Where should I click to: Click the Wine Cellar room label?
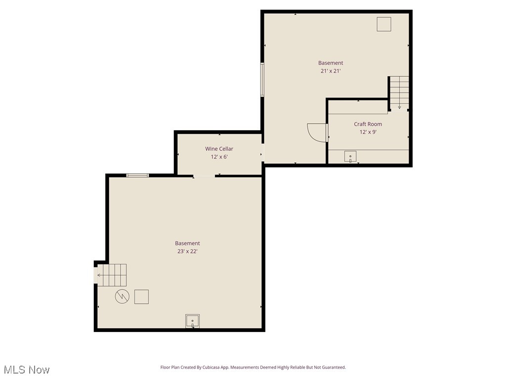[219, 148]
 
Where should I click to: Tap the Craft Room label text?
[368, 124]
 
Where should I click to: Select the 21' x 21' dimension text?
[331, 71]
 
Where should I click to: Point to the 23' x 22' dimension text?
[187, 251]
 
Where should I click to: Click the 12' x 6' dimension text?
[219, 157]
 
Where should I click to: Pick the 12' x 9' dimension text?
[368, 132]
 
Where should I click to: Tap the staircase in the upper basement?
[399, 92]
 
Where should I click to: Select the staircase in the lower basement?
[112, 275]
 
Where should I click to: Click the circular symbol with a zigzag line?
[122, 296]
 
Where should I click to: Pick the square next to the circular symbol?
[141, 296]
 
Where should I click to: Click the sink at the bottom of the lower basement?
[192, 321]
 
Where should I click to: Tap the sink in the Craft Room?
[350, 157]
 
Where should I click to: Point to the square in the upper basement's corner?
[384, 24]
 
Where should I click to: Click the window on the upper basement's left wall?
[262, 79]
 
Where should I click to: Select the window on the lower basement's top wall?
[137, 175]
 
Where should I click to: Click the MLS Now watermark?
[27, 370]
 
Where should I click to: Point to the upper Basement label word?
[331, 63]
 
